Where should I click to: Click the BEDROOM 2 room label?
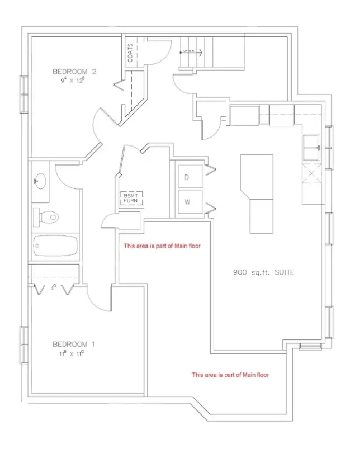tap(74, 71)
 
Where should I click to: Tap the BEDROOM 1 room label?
tap(74, 344)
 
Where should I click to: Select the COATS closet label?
tap(130, 53)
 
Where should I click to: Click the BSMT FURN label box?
tap(131, 198)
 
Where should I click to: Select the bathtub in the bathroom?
tap(55, 247)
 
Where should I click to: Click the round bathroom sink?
tap(40, 180)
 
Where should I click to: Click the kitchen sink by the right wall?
tap(311, 147)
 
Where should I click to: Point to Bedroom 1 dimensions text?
tap(74, 353)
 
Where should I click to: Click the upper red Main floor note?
tap(162, 246)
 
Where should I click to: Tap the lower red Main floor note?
tap(230, 375)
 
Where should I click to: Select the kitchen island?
tap(256, 194)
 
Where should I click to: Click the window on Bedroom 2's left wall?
tap(23, 94)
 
